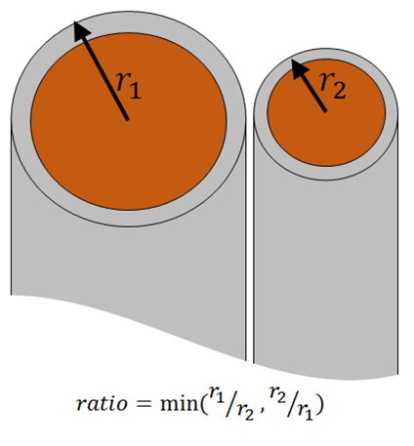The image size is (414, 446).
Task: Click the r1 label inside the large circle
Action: coord(129,85)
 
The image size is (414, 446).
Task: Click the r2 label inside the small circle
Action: coord(333,85)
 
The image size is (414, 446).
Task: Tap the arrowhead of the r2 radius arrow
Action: coord(299,67)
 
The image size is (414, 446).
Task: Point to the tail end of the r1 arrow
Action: coord(127,119)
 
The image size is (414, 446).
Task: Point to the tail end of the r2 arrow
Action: coord(324,111)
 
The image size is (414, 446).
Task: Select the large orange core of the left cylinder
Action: coord(129,121)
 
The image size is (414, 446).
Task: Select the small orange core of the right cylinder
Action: coord(326,112)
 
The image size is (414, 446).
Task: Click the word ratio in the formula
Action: coord(102,404)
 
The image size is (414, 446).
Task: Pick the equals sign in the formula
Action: coord(144,404)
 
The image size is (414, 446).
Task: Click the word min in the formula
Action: coord(180,403)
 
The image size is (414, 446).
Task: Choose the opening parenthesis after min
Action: coord(204,404)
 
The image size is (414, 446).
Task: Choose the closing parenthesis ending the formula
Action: coord(320,404)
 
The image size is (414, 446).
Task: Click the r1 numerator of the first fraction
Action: coord(217,393)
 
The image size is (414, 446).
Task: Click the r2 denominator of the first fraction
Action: coord(245,413)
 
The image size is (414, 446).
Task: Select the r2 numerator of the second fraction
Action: coord(277,393)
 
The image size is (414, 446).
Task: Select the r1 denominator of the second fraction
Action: coord(306,413)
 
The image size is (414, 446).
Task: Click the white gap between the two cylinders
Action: coord(250,241)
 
